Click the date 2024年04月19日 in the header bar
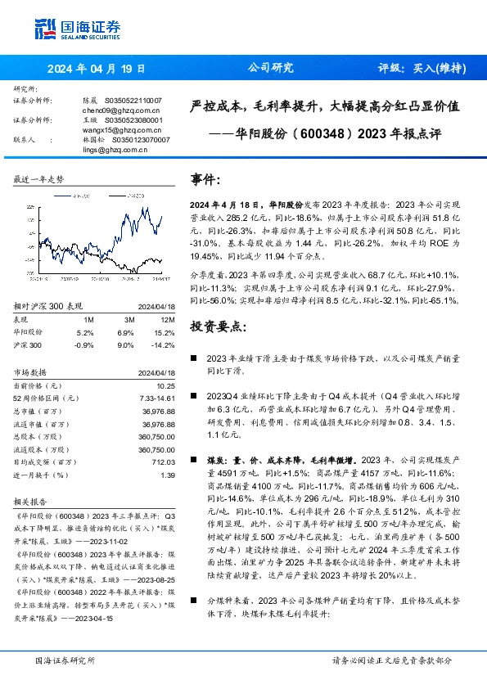click(95, 69)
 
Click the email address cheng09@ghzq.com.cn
click(110, 109)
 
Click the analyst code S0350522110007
click(135, 99)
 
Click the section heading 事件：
click(205, 179)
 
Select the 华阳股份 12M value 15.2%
click(164, 310)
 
